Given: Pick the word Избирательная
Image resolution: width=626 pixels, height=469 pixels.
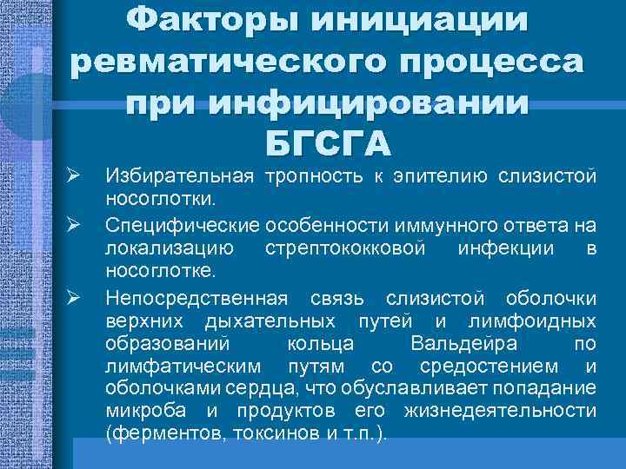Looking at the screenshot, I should tap(178, 177).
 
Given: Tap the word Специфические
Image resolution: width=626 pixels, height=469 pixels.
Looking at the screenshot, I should tap(180, 226).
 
